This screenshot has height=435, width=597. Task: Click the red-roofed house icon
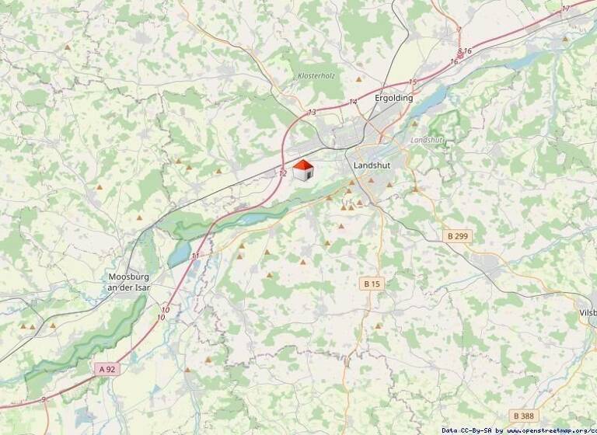pyautogui.click(x=302, y=170)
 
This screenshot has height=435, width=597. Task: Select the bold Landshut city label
pyautogui.click(x=371, y=165)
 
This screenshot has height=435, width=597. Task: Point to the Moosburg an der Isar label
pyautogui.click(x=129, y=282)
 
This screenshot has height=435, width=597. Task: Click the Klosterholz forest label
pyautogui.click(x=316, y=75)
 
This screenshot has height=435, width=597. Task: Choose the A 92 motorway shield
pyautogui.click(x=107, y=369)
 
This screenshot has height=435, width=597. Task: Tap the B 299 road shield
pyautogui.click(x=458, y=235)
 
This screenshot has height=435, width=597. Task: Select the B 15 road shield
pyautogui.click(x=373, y=284)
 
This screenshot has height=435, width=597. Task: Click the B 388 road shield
pyautogui.click(x=524, y=416)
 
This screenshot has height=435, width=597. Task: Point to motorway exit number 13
pyautogui.click(x=312, y=113)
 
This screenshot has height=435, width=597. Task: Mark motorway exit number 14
pyautogui.click(x=353, y=102)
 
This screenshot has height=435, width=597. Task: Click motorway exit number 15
pyautogui.click(x=412, y=82)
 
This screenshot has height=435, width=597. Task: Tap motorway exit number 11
pyautogui.click(x=195, y=255)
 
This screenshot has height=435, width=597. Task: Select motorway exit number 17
pyautogui.click(x=565, y=8)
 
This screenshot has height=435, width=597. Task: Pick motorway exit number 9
pyautogui.click(x=44, y=398)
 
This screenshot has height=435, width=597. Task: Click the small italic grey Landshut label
pyautogui.click(x=425, y=140)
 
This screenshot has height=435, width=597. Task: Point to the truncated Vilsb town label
pyautogui.click(x=588, y=312)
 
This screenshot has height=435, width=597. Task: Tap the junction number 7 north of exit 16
pyautogui.click(x=459, y=30)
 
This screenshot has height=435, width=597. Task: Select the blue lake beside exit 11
pyautogui.click(x=179, y=253)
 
